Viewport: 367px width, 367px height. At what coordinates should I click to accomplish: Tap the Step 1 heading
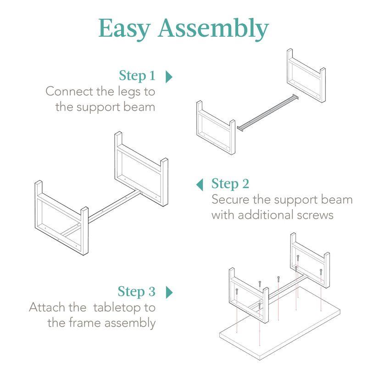pyautogui.click(x=137, y=75)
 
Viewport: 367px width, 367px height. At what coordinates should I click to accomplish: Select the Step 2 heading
pyautogui.click(x=230, y=184)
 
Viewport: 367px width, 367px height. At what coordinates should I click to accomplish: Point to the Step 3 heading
pyautogui.click(x=137, y=291)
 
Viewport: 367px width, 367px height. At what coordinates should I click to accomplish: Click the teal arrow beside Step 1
pyautogui.click(x=168, y=76)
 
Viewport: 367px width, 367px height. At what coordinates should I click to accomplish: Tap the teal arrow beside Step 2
pyautogui.click(x=200, y=184)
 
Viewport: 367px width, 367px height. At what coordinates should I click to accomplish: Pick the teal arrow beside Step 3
pyautogui.click(x=168, y=292)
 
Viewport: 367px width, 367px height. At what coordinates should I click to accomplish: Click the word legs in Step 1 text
pyautogui.click(x=128, y=91)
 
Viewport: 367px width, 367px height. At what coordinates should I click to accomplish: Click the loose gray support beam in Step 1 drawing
pyautogui.click(x=266, y=112)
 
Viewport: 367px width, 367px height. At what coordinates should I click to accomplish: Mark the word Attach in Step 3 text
pyautogui.click(x=45, y=307)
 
